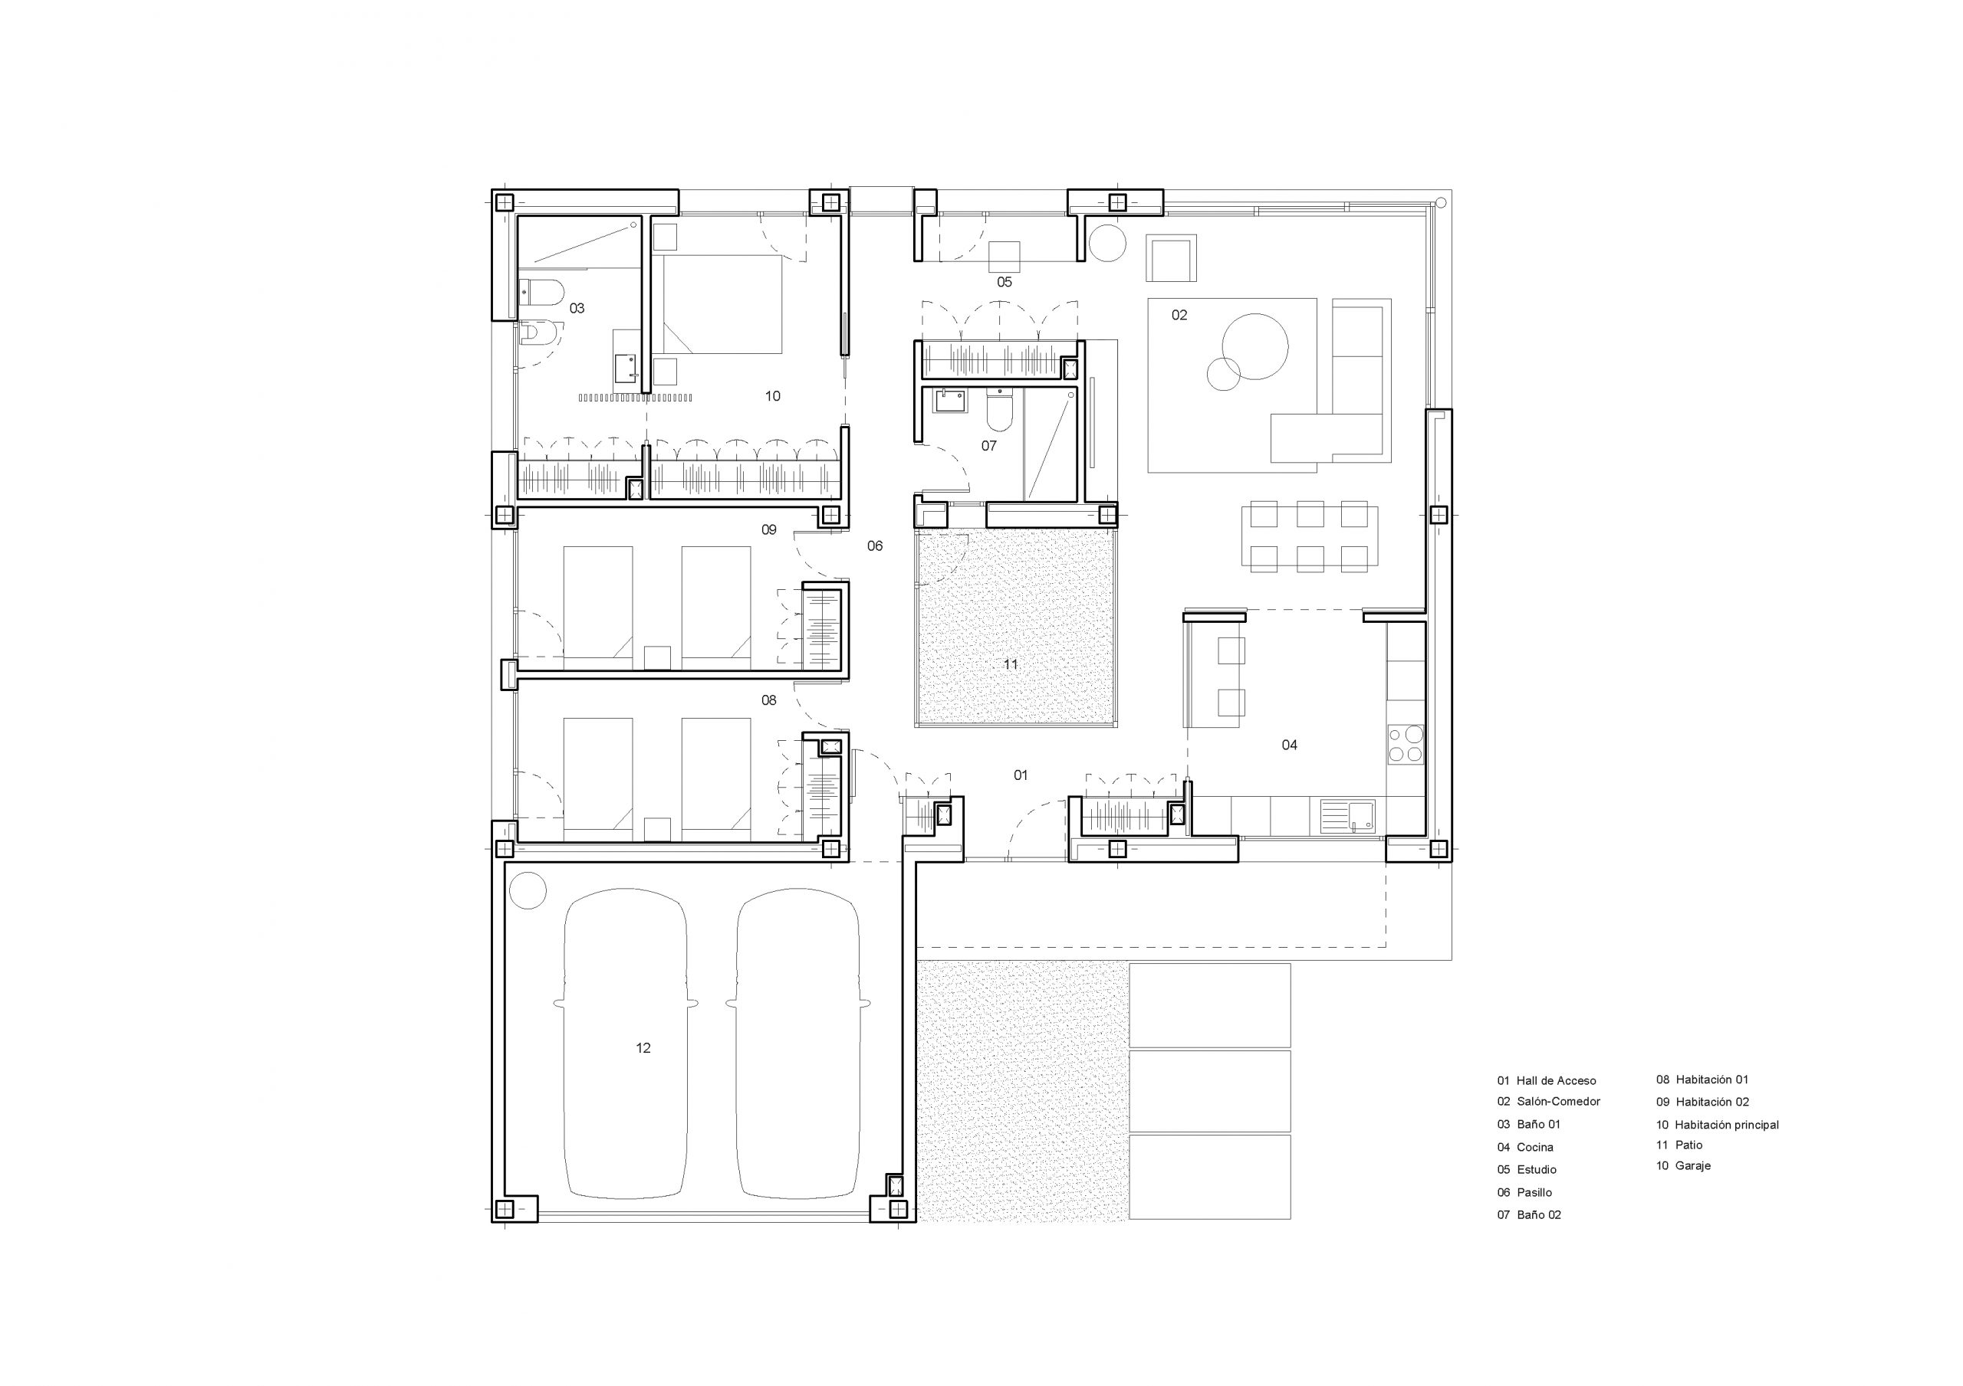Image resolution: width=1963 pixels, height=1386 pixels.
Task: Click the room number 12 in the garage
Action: tap(643, 1047)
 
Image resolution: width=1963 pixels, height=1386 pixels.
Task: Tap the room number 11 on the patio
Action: tap(1011, 664)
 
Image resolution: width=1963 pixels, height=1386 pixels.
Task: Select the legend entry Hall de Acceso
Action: tap(1556, 1081)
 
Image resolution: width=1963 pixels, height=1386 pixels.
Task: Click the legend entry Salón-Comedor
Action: tap(1559, 1102)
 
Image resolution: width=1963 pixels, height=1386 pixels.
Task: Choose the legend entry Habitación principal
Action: tap(1727, 1125)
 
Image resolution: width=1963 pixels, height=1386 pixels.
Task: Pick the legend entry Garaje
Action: tap(1693, 1165)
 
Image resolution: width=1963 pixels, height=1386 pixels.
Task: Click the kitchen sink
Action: tap(1346, 815)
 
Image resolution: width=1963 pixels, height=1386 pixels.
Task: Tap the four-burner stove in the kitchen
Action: tap(1405, 743)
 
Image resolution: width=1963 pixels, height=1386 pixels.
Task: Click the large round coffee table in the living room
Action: tap(1255, 346)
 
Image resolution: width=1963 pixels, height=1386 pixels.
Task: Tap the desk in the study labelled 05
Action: tap(1005, 255)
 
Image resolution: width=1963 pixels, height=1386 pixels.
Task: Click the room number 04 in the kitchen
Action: tap(1289, 745)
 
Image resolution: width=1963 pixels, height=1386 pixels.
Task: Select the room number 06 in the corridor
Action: tap(875, 546)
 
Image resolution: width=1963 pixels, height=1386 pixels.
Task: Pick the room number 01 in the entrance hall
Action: tap(1021, 775)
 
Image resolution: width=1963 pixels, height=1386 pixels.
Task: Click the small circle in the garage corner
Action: tap(527, 890)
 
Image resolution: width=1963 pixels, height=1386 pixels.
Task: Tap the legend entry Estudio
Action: tap(1537, 1170)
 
